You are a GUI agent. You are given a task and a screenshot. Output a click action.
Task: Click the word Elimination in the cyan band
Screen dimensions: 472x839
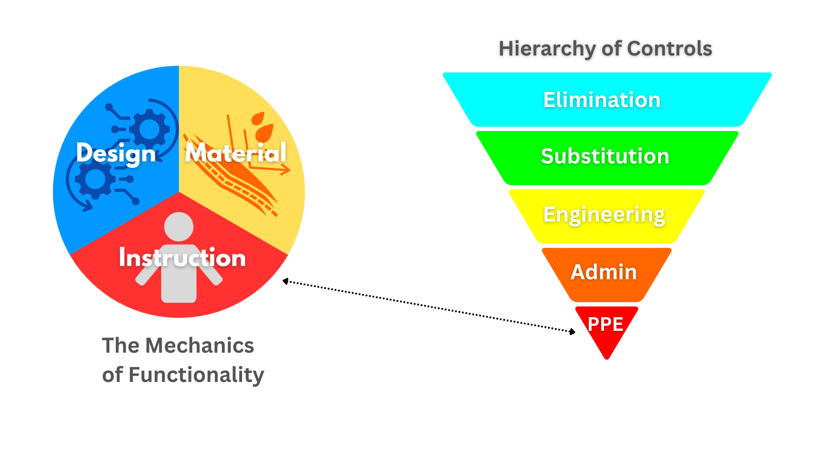click(x=602, y=100)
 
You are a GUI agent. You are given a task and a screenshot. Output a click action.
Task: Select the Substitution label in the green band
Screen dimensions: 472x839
click(x=605, y=156)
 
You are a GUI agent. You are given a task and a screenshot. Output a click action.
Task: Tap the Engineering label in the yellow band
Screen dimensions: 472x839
click(x=604, y=215)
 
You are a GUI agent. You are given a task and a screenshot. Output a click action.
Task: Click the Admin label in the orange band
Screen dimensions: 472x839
click(x=604, y=272)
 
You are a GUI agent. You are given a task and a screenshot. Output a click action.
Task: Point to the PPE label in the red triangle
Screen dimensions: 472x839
click(x=605, y=324)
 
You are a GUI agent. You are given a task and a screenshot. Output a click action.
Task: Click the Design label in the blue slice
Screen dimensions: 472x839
click(x=116, y=154)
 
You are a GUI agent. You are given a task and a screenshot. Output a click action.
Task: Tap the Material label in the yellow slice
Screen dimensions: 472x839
click(x=236, y=153)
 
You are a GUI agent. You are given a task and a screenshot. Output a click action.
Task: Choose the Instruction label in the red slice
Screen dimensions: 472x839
click(x=182, y=258)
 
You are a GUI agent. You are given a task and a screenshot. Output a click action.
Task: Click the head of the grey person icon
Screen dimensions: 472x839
click(x=179, y=226)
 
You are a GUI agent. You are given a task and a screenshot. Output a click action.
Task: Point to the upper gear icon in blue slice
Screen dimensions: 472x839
click(x=149, y=129)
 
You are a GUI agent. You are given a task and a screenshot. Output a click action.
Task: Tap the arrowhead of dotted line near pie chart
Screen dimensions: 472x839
click(x=285, y=281)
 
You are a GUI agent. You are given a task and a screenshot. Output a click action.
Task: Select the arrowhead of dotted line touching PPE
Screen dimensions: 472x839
click(x=572, y=332)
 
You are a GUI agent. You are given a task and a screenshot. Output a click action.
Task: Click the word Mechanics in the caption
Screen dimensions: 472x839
click(x=199, y=346)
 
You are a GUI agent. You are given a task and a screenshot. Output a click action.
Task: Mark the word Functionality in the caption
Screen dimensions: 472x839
click(x=196, y=375)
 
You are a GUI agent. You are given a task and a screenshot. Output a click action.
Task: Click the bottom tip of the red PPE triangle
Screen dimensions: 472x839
click(x=607, y=358)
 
